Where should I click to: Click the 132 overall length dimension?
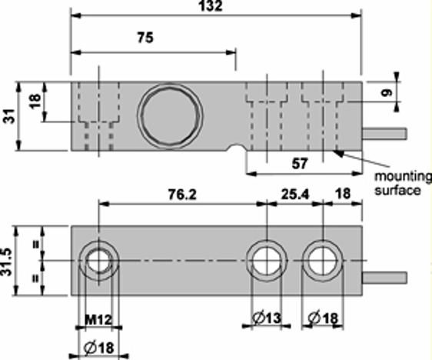(x=211, y=6)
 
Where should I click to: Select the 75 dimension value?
(x=145, y=37)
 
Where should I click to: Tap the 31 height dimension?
(x=8, y=116)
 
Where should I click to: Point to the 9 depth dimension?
(x=387, y=92)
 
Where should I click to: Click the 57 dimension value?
(x=300, y=163)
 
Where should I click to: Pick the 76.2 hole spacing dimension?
(x=182, y=195)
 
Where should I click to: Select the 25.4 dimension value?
(x=295, y=195)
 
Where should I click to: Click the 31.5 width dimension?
(x=7, y=262)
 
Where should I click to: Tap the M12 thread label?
(x=98, y=320)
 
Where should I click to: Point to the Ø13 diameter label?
(x=267, y=318)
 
